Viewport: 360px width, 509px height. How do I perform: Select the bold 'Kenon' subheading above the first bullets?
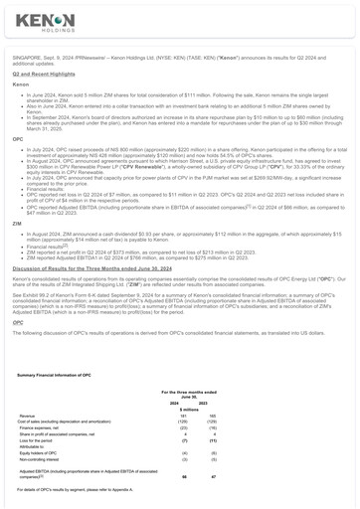point(21,85)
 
